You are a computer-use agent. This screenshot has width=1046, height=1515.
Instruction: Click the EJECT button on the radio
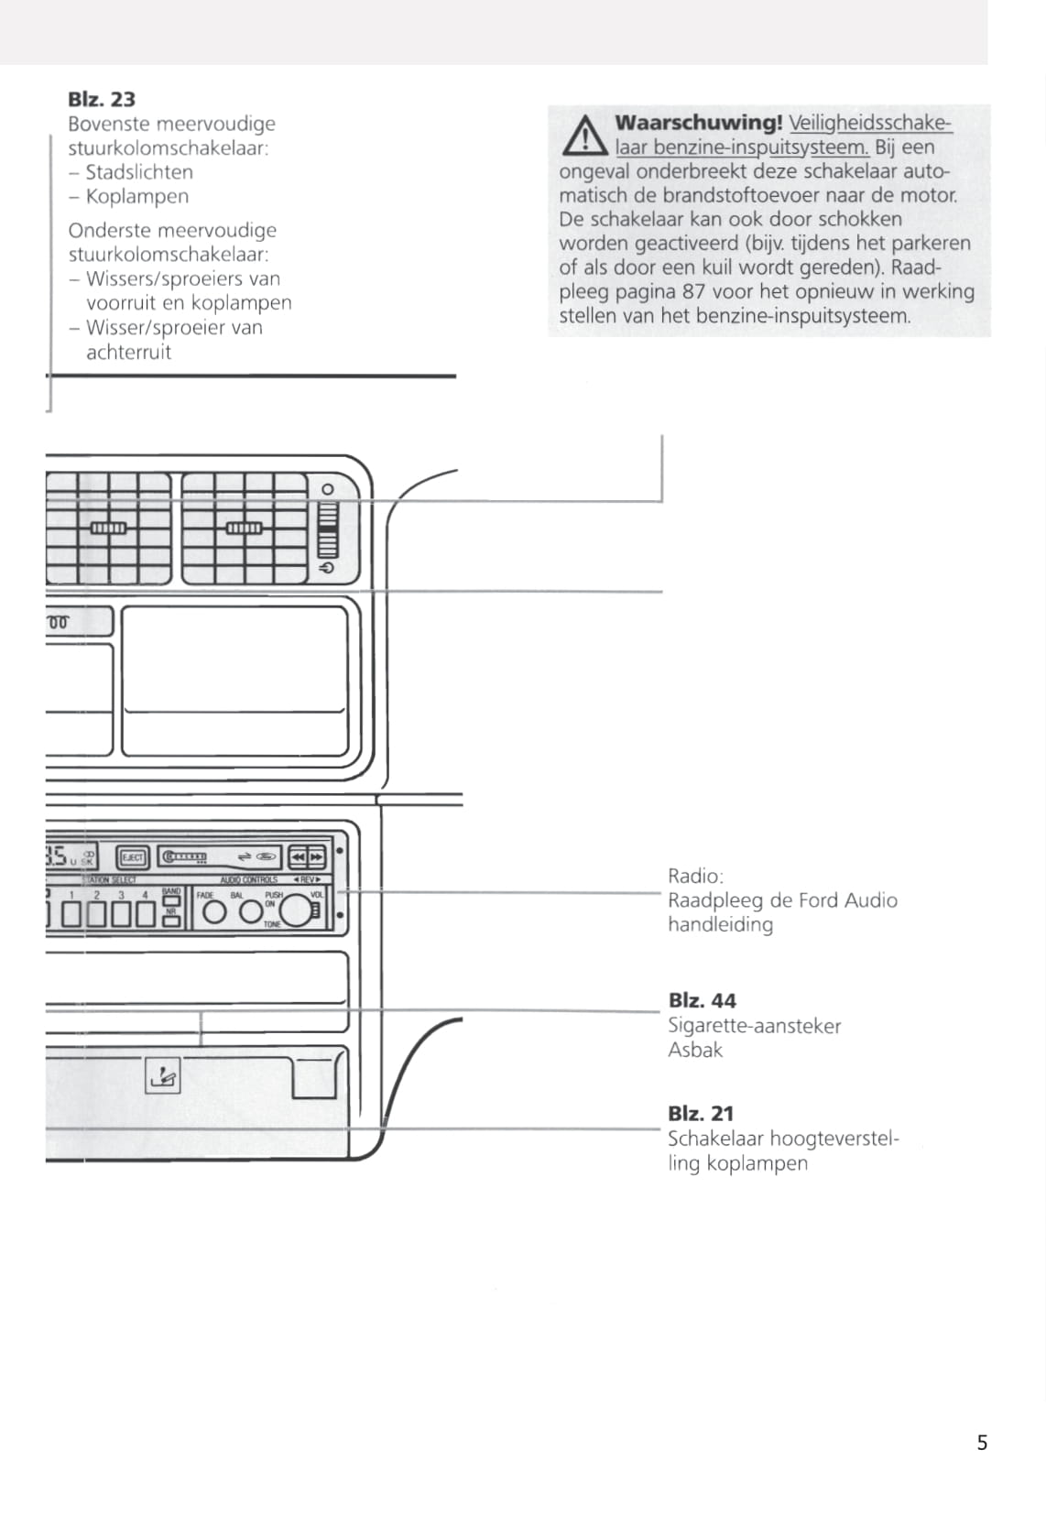coord(133,857)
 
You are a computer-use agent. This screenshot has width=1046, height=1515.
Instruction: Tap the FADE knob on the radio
coord(214,912)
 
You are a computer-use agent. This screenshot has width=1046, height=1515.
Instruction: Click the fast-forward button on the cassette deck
coord(317,857)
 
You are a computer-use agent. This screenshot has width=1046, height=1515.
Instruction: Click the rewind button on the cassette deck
coord(298,857)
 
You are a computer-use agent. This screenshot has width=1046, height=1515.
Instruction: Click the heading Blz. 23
coord(102,99)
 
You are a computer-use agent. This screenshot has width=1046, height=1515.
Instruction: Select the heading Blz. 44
coord(702,1000)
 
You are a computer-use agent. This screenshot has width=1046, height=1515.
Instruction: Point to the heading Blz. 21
coord(701,1113)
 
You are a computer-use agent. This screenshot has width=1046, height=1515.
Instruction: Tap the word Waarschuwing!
coord(698,122)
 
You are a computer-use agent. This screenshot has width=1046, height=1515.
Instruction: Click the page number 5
coord(982,1443)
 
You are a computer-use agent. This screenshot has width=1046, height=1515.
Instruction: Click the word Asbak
coord(695,1050)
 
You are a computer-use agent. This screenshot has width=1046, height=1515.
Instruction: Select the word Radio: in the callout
coord(695,876)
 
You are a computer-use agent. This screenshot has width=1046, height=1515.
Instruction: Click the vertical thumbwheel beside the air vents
coord(328,531)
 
